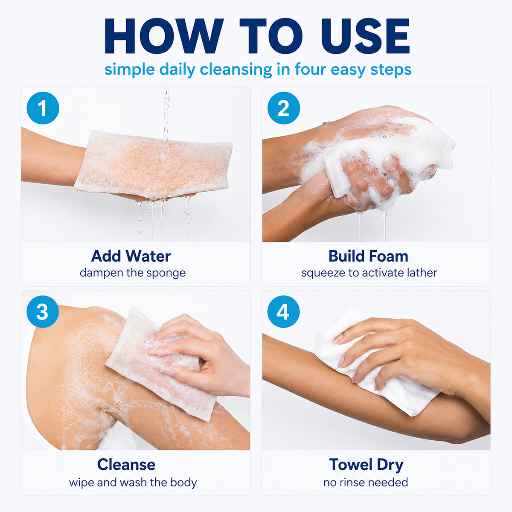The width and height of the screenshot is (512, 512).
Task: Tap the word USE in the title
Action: (365, 36)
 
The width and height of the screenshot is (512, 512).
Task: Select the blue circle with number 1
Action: (43, 108)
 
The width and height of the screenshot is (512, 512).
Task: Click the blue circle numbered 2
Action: (283, 108)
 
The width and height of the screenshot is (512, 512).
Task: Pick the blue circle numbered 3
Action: (43, 311)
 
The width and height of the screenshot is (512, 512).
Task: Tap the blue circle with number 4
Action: (283, 311)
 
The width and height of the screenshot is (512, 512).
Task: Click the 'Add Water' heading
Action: (131, 256)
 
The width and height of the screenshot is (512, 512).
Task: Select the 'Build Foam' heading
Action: (368, 256)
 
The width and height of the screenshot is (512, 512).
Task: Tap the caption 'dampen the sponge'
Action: (133, 273)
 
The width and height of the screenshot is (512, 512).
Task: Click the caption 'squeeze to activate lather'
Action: (369, 273)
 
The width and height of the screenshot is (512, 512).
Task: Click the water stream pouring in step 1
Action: (166, 119)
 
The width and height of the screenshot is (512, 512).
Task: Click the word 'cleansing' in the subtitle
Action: (236, 70)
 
